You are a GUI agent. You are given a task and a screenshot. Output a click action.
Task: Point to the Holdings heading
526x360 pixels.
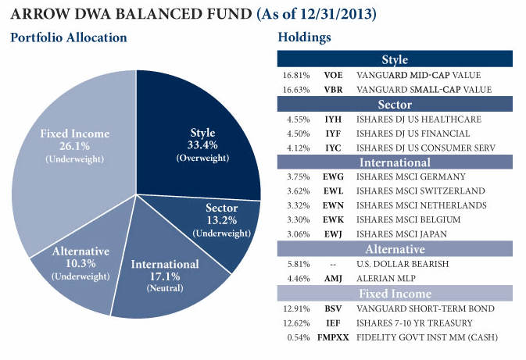point(305,37)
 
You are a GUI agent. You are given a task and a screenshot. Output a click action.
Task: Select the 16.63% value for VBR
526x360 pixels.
point(295,90)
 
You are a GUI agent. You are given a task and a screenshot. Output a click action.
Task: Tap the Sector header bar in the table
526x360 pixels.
point(395,105)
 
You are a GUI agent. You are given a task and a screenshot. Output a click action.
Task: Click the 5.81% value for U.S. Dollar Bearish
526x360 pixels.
point(295,265)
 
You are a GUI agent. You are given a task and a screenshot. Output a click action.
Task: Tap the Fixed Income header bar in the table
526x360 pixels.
point(395,294)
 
